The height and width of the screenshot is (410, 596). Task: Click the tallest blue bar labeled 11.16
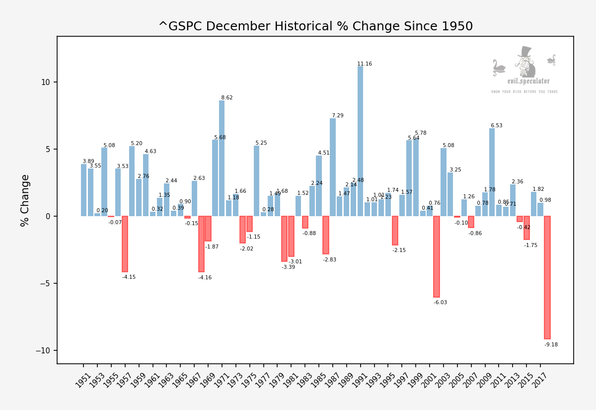[360, 142]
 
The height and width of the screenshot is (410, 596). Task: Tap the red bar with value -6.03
[437, 256]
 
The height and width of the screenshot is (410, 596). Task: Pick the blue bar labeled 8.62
[222, 159]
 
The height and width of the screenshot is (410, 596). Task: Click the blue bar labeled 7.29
[332, 167]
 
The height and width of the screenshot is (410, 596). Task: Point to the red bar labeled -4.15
[125, 244]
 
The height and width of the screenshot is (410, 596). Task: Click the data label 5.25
[261, 143]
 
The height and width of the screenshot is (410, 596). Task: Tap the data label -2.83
[330, 259]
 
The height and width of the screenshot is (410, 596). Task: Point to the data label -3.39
[288, 267]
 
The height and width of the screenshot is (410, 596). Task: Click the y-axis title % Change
[25, 200]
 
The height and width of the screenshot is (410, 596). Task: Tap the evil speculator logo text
[528, 81]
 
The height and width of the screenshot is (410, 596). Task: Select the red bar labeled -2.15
[395, 231]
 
